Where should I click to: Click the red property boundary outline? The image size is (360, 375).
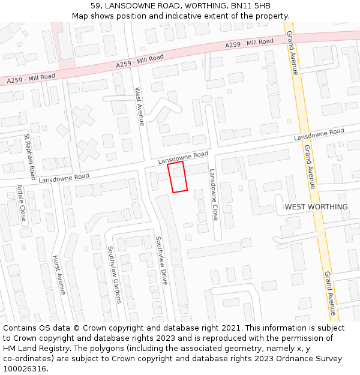178,177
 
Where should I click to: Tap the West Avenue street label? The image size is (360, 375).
139,107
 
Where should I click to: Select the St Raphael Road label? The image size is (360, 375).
30,157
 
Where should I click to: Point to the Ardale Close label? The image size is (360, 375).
21,203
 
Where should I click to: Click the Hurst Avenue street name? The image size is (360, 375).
59,275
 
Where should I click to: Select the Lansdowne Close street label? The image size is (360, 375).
213,195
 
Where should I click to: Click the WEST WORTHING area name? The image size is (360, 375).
316,207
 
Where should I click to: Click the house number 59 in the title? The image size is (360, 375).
96,5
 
